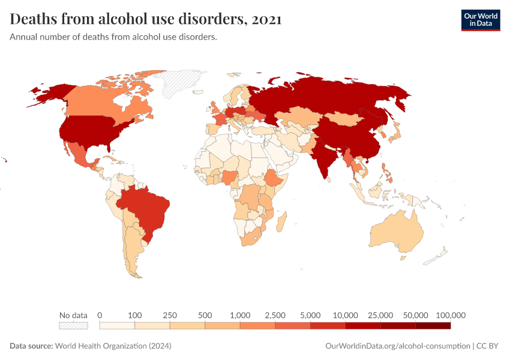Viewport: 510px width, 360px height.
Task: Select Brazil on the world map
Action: (x=146, y=210)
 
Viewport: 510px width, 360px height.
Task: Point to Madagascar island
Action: (x=280, y=222)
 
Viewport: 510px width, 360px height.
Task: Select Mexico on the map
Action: (x=78, y=154)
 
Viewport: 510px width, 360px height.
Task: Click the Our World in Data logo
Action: (x=480, y=20)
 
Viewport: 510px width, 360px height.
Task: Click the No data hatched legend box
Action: (x=73, y=326)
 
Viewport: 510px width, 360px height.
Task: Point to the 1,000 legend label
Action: (x=240, y=315)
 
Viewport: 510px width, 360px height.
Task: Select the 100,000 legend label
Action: (x=451, y=315)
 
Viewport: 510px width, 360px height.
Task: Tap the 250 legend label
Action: (x=170, y=315)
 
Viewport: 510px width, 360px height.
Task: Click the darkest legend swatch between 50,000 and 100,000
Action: (x=433, y=326)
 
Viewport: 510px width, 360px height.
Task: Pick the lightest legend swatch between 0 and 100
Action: (x=117, y=326)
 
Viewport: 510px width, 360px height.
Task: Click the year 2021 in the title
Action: (x=267, y=19)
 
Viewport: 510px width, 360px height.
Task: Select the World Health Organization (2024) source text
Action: (x=113, y=346)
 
